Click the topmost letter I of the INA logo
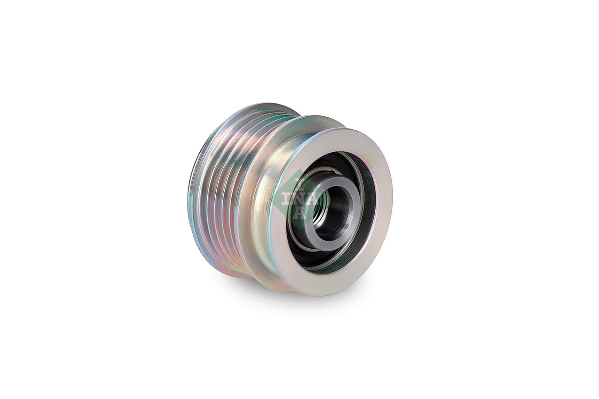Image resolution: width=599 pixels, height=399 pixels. click(x=297, y=182)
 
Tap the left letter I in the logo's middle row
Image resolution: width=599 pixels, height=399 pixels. click(x=286, y=199)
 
